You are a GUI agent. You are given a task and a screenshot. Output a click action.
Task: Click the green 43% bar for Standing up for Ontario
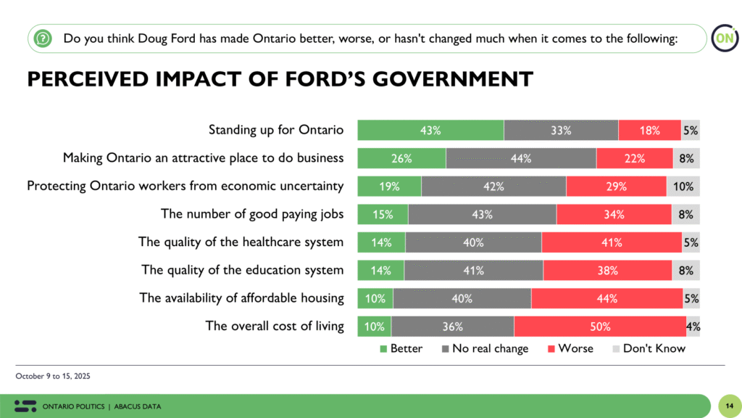click(x=430, y=131)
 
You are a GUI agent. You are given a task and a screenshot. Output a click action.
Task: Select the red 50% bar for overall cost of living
click(x=600, y=327)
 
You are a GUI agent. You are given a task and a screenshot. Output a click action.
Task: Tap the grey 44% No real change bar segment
click(x=521, y=158)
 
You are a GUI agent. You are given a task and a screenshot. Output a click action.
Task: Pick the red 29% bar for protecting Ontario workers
click(x=616, y=187)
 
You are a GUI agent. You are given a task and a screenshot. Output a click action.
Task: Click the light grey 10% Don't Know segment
click(x=683, y=187)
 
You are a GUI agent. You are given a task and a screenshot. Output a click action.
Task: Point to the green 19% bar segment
click(x=389, y=187)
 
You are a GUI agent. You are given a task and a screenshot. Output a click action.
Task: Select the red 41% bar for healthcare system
click(x=611, y=242)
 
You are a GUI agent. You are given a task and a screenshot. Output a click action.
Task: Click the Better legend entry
click(x=401, y=348)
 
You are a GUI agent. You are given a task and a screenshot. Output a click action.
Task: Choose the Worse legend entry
click(x=570, y=348)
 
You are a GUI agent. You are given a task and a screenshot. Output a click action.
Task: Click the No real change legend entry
click(x=484, y=348)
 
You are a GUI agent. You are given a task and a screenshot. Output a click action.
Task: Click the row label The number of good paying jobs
click(x=251, y=214)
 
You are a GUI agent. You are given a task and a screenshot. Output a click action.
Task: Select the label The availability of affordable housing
click(x=241, y=298)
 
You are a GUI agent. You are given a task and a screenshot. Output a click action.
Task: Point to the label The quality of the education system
click(x=242, y=270)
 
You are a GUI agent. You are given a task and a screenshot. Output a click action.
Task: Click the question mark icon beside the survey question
click(x=43, y=38)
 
